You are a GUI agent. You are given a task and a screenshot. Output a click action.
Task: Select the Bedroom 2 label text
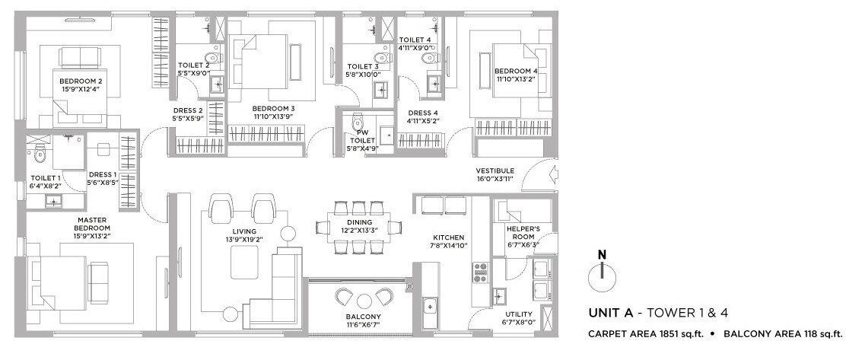click(x=81, y=80)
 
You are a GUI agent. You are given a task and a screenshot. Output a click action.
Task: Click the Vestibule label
click(x=495, y=170)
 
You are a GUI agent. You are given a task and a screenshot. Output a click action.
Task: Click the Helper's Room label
click(x=523, y=228)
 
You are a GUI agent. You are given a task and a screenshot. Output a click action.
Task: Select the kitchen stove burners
click(x=481, y=272)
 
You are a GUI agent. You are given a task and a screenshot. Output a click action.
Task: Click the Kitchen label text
click(x=448, y=237)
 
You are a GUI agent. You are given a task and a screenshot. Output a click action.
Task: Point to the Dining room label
click(x=338, y=222)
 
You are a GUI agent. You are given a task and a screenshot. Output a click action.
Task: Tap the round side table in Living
click(x=288, y=233)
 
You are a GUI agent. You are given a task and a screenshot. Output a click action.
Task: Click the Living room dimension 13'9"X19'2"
click(x=244, y=240)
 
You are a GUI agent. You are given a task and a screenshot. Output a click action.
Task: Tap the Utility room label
click(x=518, y=314)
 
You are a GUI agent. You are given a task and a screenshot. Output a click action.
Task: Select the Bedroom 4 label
click(x=517, y=71)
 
